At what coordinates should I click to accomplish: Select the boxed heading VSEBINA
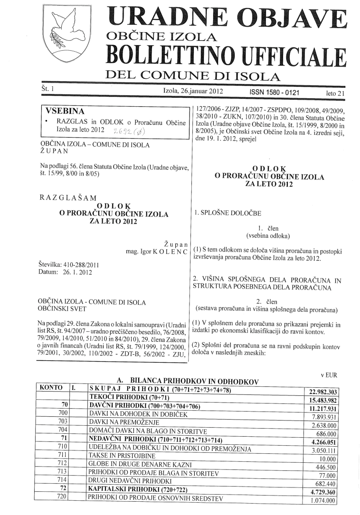pyautogui.click(x=64, y=112)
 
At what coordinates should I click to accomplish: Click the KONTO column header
pyautogui.click(x=52, y=387)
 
